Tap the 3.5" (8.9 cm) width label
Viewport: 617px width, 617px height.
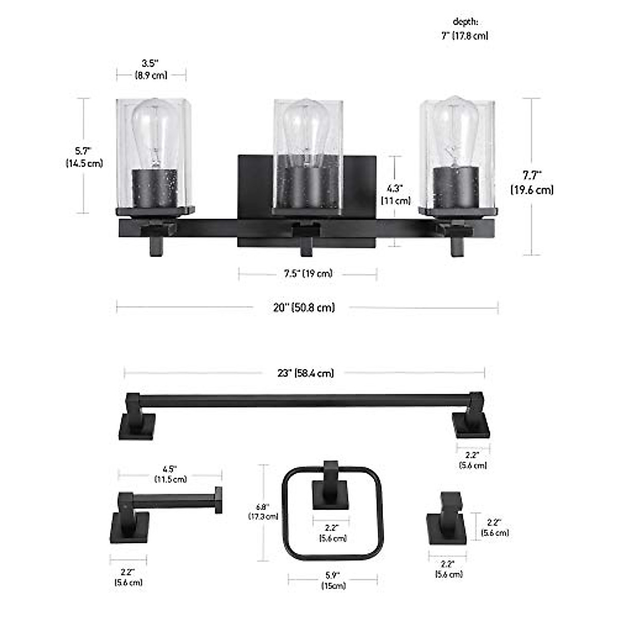pos(151,69)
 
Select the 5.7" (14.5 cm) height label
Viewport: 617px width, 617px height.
pos(84,157)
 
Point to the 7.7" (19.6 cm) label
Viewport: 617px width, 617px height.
pos(532,183)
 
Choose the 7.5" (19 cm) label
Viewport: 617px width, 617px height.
pos(308,274)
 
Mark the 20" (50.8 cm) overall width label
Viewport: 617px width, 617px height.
pos(304,307)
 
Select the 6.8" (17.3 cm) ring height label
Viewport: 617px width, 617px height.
pos(263,509)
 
